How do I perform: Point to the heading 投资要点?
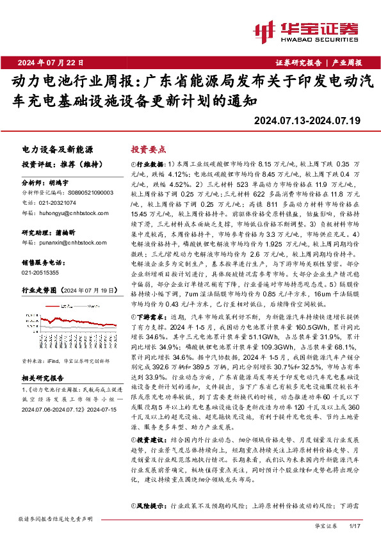(148, 149)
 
